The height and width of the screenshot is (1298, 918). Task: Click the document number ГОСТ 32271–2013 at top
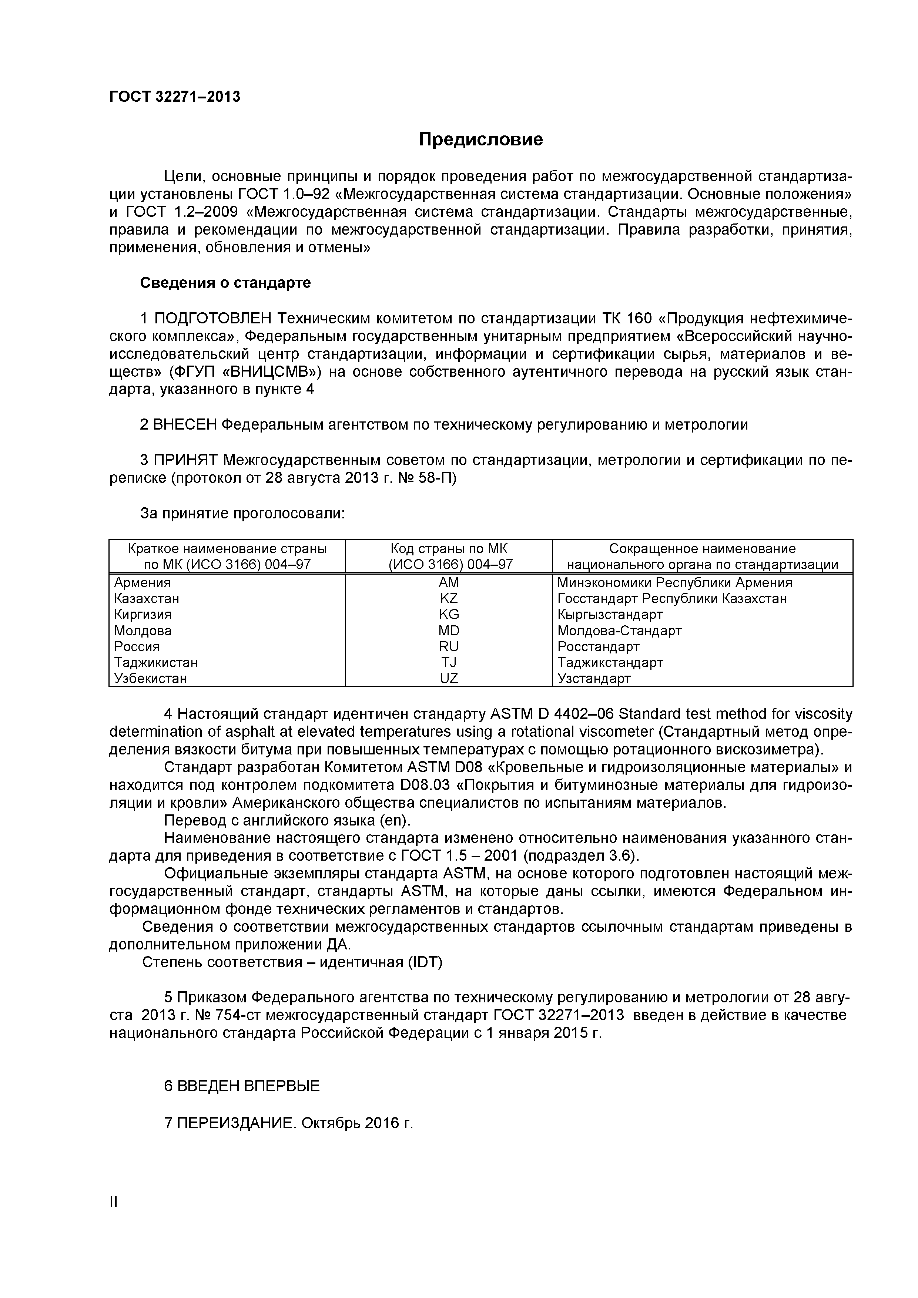tap(174, 97)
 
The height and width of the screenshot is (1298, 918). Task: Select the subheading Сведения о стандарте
tap(225, 283)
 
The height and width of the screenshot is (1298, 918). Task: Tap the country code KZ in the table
tap(449, 598)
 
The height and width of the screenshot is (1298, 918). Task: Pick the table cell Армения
tap(143, 582)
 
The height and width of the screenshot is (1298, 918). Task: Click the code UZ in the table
tap(449, 678)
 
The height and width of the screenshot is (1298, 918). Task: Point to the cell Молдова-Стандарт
tap(619, 630)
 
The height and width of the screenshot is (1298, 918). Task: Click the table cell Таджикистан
tap(155, 662)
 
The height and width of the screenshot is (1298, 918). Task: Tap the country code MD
tap(449, 630)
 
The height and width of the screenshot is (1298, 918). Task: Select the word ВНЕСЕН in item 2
tap(185, 424)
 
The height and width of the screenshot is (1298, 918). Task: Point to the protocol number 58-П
tap(438, 478)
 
